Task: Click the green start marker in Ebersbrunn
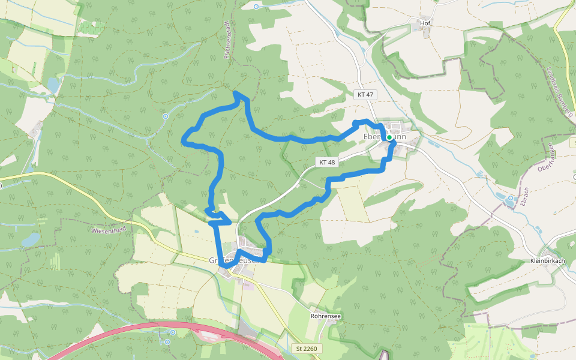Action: (389, 137)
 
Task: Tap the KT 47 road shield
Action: (365, 95)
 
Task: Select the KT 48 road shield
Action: (327, 162)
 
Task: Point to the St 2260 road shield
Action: (309, 348)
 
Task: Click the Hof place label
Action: (426, 23)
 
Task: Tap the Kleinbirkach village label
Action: (548, 261)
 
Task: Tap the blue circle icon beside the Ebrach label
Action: (511, 197)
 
